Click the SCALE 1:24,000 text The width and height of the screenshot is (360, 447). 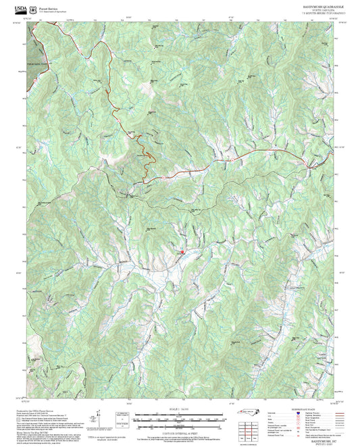click(x=179, y=409)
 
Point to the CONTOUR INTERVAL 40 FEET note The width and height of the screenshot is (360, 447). click(x=179, y=431)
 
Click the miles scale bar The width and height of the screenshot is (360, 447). click(x=179, y=415)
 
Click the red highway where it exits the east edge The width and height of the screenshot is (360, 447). click(x=332, y=153)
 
